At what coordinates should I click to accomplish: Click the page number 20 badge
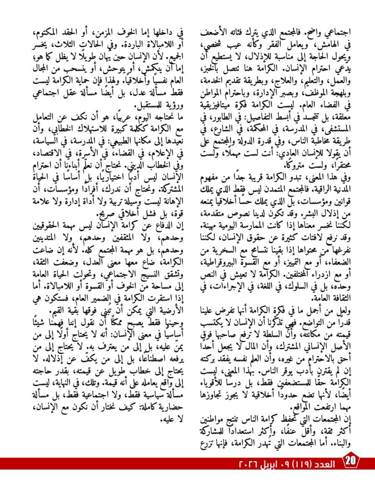pyautogui.click(x=351, y=463)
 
